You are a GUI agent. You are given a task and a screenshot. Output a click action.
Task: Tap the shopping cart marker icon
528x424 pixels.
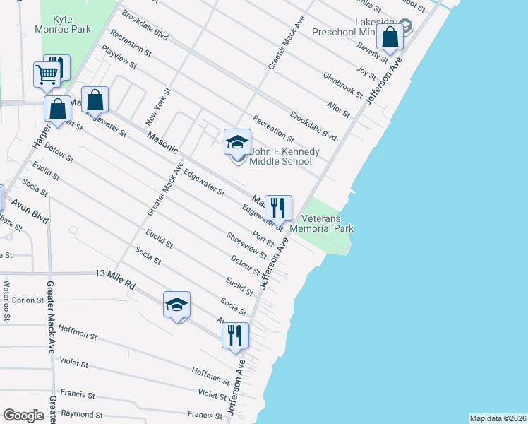pos(47,73)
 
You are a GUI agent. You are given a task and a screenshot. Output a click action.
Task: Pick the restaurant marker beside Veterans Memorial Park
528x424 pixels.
pos(278,208)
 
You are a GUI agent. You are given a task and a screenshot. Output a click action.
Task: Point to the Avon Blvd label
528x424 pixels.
pos(29,210)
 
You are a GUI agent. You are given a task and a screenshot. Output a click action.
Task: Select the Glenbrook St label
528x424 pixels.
pos(342,85)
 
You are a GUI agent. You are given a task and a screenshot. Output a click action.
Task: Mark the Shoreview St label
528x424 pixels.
pos(246,245)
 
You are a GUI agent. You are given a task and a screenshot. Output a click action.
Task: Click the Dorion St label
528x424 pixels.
pos(28,300)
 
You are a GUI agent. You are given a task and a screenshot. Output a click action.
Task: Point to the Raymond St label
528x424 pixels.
pos(82,414)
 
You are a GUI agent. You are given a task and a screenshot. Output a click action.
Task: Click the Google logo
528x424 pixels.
pos(23,416)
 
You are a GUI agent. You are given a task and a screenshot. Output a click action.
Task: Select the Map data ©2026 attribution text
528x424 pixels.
pos(497,418)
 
